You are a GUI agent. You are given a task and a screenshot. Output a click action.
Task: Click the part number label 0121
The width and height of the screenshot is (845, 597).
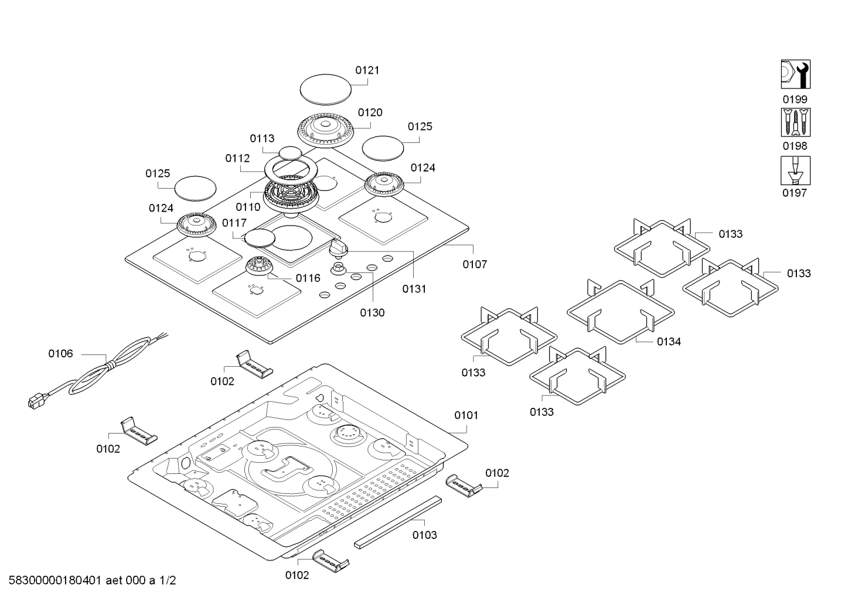(367, 70)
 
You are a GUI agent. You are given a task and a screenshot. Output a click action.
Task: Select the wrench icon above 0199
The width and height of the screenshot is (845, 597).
(796, 74)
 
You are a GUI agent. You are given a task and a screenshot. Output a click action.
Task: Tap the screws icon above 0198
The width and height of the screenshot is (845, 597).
(796, 122)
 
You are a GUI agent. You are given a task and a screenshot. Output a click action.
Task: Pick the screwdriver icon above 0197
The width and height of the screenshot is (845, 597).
(796, 170)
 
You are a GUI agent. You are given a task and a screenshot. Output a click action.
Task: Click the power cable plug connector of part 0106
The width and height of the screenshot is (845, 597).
(35, 401)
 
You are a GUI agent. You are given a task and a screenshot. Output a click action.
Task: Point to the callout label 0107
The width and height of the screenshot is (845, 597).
(475, 264)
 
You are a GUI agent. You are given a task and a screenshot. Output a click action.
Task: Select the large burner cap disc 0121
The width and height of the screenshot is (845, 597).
(326, 90)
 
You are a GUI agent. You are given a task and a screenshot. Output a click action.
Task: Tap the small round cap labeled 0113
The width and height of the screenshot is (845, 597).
(290, 153)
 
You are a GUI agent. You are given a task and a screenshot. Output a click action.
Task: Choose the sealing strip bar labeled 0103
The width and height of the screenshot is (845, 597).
(398, 523)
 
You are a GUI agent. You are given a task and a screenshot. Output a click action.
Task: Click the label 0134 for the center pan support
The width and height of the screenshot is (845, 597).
(669, 342)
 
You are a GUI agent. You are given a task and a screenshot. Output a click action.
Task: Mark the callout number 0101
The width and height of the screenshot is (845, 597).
(466, 415)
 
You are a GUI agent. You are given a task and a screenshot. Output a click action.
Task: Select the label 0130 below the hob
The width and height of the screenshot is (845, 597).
(372, 313)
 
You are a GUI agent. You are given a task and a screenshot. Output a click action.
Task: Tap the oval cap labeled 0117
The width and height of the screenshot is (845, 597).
(260, 238)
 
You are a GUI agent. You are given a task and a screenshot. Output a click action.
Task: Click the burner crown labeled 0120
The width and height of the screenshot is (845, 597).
(326, 130)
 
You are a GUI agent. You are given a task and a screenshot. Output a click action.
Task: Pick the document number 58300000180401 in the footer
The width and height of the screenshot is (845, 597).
(55, 580)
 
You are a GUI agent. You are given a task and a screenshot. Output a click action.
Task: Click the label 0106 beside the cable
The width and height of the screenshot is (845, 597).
(60, 353)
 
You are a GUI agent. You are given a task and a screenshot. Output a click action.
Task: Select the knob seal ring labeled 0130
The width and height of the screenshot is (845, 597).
(338, 269)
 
